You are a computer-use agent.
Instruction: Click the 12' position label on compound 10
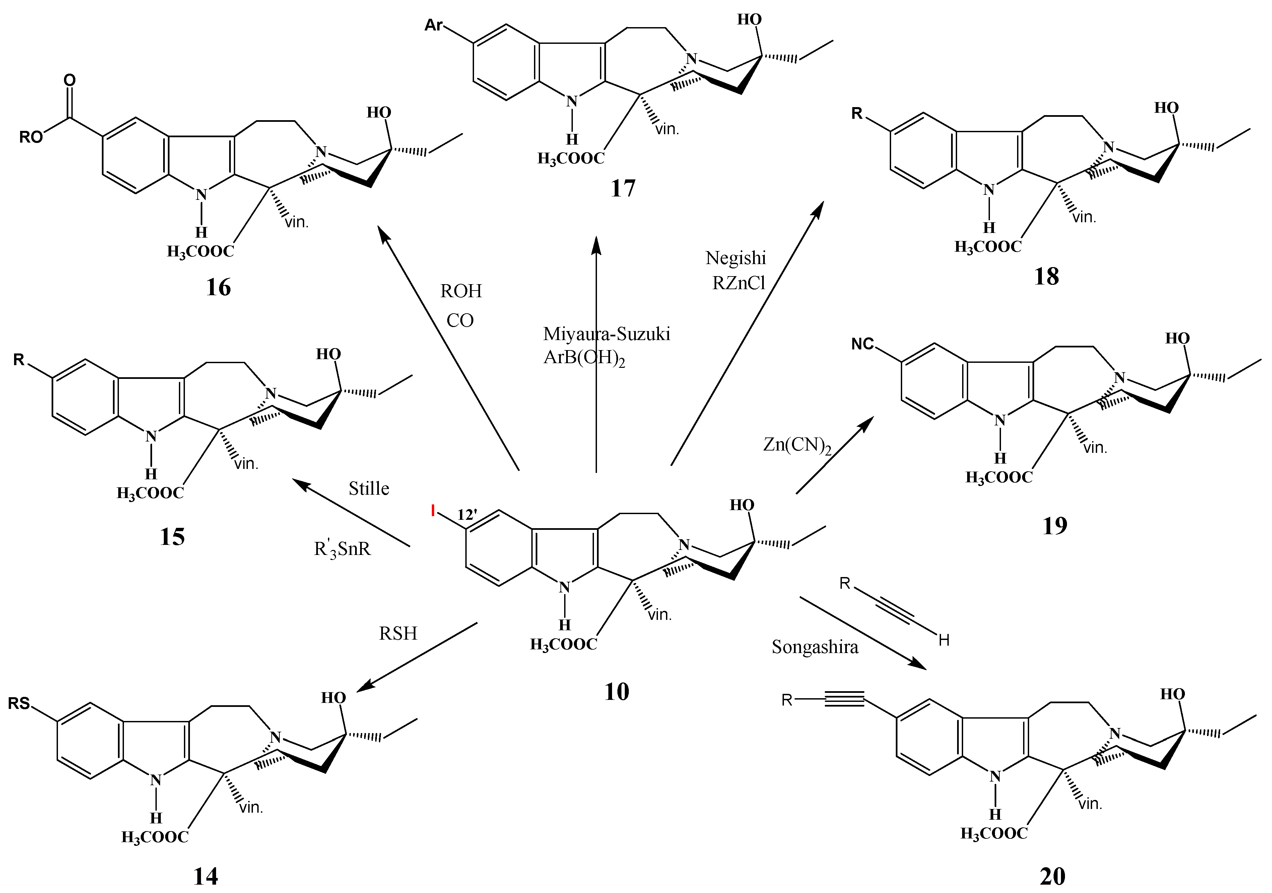point(467,515)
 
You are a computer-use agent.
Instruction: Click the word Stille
point(369,488)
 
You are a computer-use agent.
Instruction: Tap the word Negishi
point(736,258)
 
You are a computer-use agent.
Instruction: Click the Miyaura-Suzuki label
point(607,334)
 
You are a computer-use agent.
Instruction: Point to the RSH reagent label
point(397,633)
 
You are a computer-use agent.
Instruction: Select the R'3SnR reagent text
point(342,549)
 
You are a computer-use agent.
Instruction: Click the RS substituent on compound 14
point(19,704)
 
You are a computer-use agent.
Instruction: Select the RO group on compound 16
point(31,137)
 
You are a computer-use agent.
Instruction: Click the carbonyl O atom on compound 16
point(69,80)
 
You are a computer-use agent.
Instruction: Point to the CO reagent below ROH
point(460,321)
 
